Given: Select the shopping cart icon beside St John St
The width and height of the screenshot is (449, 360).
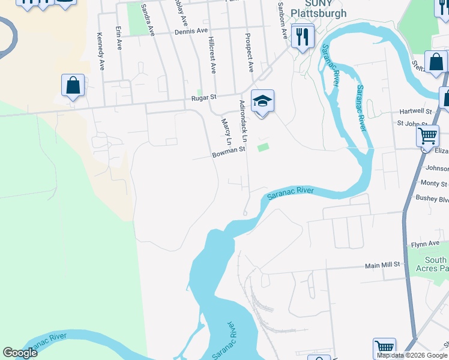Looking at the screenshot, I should (427, 136).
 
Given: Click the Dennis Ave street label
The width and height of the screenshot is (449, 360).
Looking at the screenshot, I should (191, 31).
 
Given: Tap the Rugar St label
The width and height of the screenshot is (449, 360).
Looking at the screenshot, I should (203, 98).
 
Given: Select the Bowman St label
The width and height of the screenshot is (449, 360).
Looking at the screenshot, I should (229, 154).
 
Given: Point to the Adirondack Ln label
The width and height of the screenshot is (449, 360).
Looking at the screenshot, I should (244, 121).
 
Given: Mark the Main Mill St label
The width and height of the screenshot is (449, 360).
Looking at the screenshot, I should (382, 265).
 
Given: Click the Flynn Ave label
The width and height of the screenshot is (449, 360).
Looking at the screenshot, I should (426, 245).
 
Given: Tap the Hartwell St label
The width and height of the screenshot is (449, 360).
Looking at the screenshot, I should (415, 112).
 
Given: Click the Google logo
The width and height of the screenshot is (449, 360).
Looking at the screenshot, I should (20, 353).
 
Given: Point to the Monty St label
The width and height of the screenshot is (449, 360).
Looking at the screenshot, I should (433, 184).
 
